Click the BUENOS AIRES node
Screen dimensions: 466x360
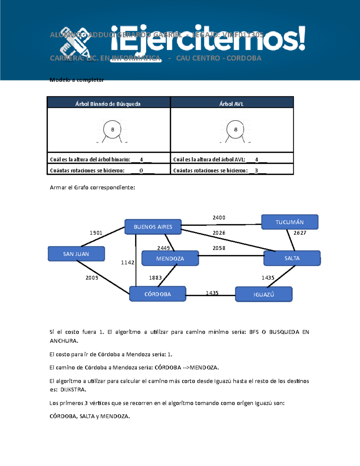pos(153,227)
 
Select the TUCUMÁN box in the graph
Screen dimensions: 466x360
pos(289,222)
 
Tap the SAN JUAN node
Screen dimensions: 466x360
pos(76,254)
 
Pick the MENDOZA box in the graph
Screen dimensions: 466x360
pos(170,258)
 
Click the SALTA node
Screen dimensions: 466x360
pos(292,258)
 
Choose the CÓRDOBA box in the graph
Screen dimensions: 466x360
pos(157,294)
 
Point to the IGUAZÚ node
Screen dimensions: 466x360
pos(264,294)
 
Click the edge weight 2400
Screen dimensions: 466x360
pos(219,218)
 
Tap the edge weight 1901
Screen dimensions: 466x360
pos(96,233)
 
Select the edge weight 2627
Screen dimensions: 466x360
pos(300,233)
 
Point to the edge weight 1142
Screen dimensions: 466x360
pos(127,263)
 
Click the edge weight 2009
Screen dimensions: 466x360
pos(92,278)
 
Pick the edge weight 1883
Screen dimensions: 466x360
pos(155,278)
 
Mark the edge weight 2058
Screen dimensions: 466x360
pos(219,248)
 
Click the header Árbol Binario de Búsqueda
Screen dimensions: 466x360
pos(108,104)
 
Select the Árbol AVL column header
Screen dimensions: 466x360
pos(231,104)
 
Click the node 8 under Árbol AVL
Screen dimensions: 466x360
pos(235,130)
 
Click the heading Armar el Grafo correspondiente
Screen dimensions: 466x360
pos(92,188)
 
